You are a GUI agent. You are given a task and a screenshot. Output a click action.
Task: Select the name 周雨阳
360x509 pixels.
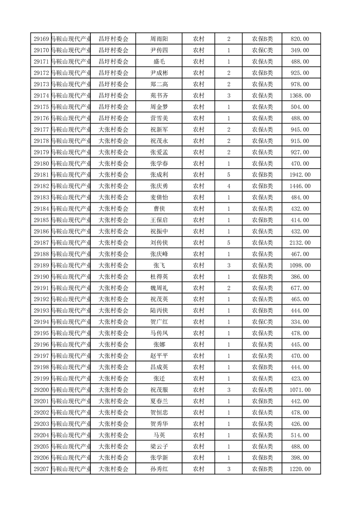pos(159,39)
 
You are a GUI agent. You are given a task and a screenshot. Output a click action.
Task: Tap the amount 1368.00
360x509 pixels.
pos(300,96)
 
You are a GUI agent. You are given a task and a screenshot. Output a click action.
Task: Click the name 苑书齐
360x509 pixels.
pos(159,96)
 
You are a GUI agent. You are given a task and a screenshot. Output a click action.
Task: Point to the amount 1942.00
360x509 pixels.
pos(300,175)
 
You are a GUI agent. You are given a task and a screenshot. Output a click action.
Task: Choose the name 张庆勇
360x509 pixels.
pos(159,186)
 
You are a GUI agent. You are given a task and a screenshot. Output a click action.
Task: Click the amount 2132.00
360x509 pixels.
pos(300,243)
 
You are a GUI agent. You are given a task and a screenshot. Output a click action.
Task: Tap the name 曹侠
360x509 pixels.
pos(159,209)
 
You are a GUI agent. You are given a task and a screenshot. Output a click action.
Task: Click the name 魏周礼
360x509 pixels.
pos(159,288)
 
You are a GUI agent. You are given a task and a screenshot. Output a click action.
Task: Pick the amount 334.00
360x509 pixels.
pos(300,322)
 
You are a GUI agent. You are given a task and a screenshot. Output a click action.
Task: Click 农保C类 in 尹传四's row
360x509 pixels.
pos(262,50)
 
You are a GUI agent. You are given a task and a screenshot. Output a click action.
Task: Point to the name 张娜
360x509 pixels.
pos(159,344)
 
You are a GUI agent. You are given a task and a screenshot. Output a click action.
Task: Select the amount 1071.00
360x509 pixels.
pos(300,390)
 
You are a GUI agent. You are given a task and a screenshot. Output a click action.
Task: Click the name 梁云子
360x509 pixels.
pos(159,446)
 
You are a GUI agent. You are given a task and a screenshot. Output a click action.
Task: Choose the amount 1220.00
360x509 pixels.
pos(300,469)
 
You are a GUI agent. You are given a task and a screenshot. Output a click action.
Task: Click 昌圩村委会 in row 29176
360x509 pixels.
pos(113,118)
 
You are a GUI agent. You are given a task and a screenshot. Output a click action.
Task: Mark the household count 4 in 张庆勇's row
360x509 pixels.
pos(228,186)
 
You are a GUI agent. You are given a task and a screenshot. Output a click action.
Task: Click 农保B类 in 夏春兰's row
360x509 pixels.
pos(262,401)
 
